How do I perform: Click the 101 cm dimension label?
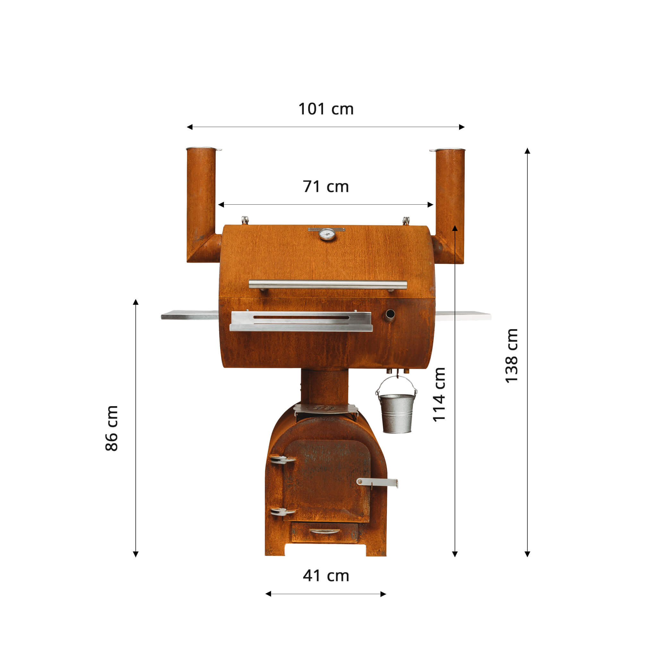coord(326,109)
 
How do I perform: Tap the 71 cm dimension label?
coord(326,187)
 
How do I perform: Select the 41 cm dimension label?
coord(326,576)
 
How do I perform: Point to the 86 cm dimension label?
coord(112,428)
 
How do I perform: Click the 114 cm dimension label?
coord(439,395)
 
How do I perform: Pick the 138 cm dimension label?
coord(511,356)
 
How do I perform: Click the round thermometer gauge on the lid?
coord(327,234)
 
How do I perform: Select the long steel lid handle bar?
coord(328,285)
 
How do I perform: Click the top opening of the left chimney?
coord(204,149)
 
